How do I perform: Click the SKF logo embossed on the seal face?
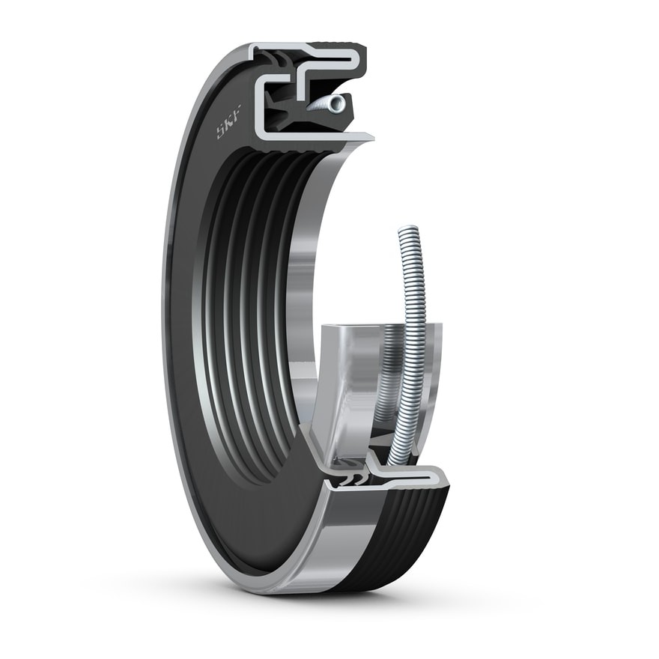pyautogui.click(x=228, y=121)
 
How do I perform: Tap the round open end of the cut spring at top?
pyautogui.click(x=337, y=103)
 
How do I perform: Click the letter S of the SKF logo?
pyautogui.click(x=221, y=131)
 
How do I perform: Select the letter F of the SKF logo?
pyautogui.click(x=237, y=112)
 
